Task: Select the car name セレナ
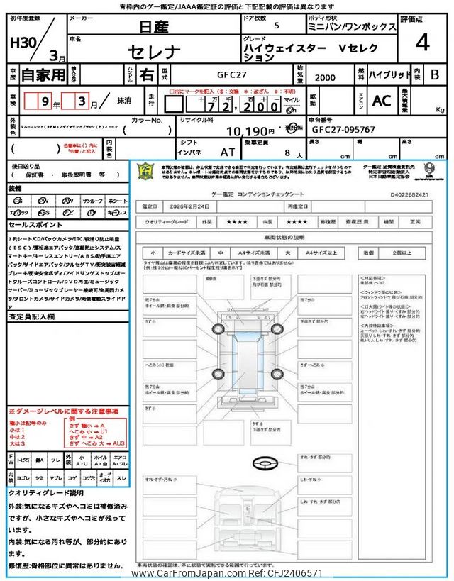(157, 52)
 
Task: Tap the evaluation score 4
(422, 43)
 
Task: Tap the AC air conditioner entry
(382, 101)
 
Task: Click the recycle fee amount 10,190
(250, 131)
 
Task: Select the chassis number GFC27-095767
(343, 131)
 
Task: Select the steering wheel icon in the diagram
(262, 463)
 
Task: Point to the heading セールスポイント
(35, 225)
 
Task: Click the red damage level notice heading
(63, 411)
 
